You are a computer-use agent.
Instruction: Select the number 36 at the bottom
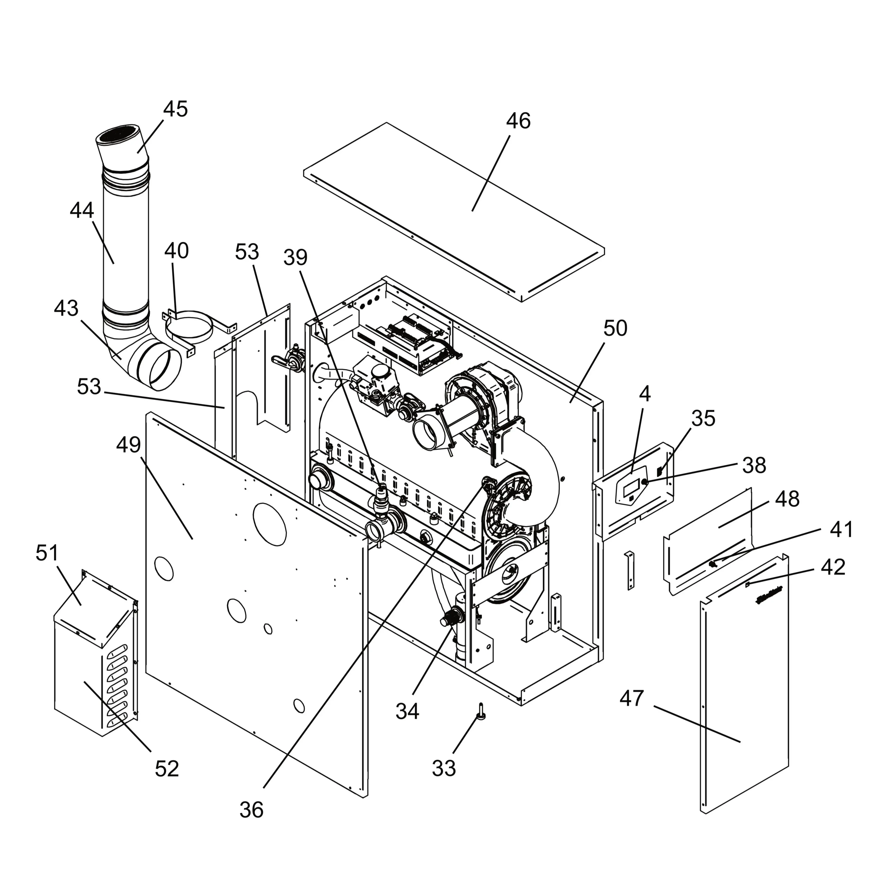pyautogui.click(x=251, y=810)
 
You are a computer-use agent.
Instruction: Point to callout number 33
pyautogui.click(x=444, y=768)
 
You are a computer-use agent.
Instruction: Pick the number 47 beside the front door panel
pyautogui.click(x=632, y=698)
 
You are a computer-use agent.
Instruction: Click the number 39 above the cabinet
pyautogui.click(x=295, y=257)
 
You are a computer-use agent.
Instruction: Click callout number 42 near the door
pyautogui.click(x=833, y=567)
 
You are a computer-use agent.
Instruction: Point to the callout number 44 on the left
pyautogui.click(x=82, y=211)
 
